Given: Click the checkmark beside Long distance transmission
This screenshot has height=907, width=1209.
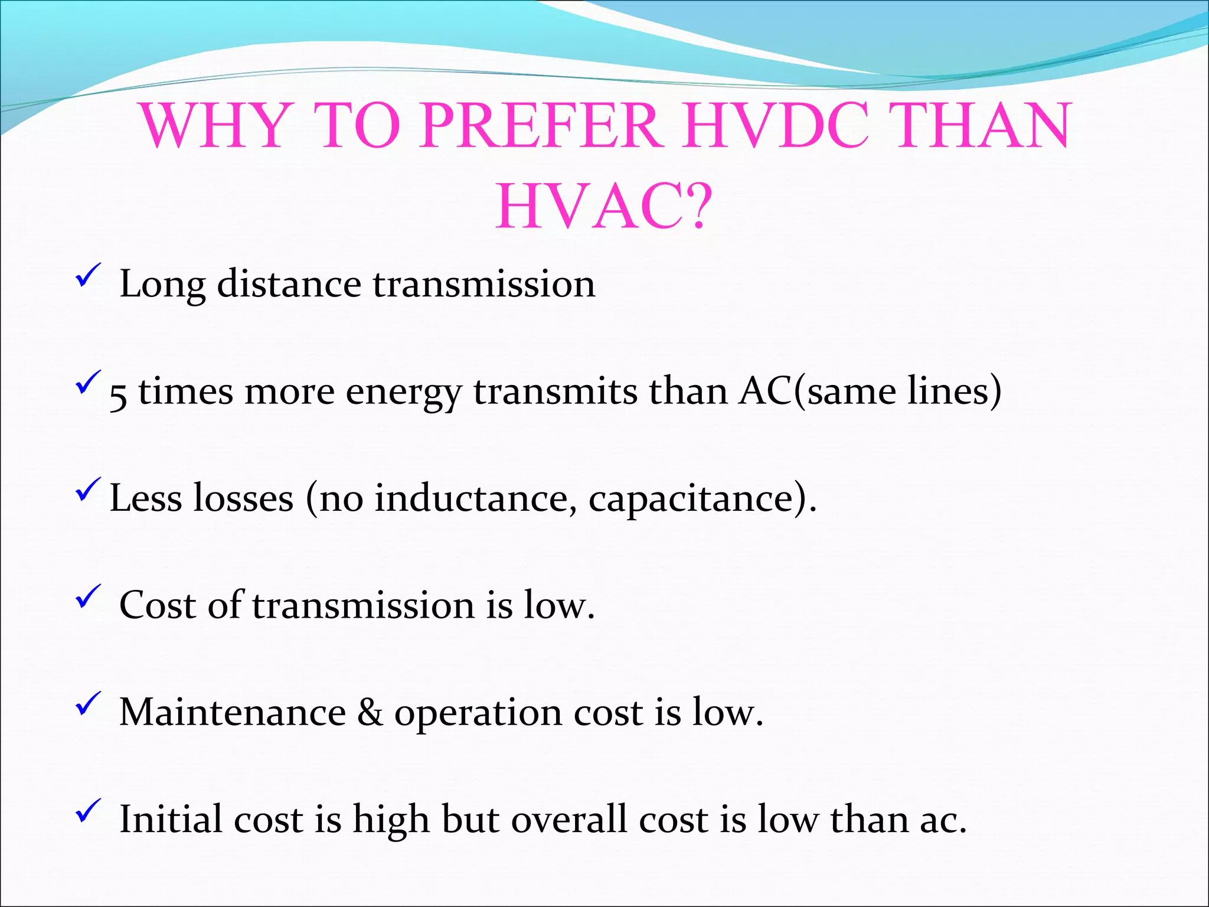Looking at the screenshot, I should click(88, 276).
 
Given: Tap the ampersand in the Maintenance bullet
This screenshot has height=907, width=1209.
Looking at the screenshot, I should click(370, 712).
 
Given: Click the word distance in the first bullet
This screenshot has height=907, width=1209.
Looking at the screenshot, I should click(289, 284).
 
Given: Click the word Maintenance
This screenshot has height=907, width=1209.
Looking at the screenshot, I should click(233, 712).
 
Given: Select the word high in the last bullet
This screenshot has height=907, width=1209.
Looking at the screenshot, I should click(391, 821).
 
